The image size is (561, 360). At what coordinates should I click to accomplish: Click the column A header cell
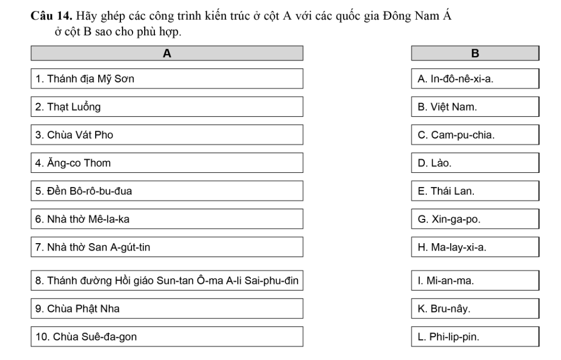coord(167,53)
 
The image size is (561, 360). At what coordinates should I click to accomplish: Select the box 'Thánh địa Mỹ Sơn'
coord(167,79)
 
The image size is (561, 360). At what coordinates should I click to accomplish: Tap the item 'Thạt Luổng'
coord(167,107)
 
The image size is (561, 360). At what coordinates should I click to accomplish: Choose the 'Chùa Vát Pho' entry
coord(167,135)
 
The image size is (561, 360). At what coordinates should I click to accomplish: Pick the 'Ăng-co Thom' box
coord(167,162)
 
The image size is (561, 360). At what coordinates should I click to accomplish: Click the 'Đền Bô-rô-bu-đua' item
coord(167,190)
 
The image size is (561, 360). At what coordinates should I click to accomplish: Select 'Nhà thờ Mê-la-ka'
coord(167,218)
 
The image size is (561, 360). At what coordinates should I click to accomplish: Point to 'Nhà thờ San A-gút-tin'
coord(167,246)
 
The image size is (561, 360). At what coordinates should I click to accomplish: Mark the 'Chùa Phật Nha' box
coord(167,308)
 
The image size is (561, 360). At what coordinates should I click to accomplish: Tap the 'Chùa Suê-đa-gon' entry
coord(167,337)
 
